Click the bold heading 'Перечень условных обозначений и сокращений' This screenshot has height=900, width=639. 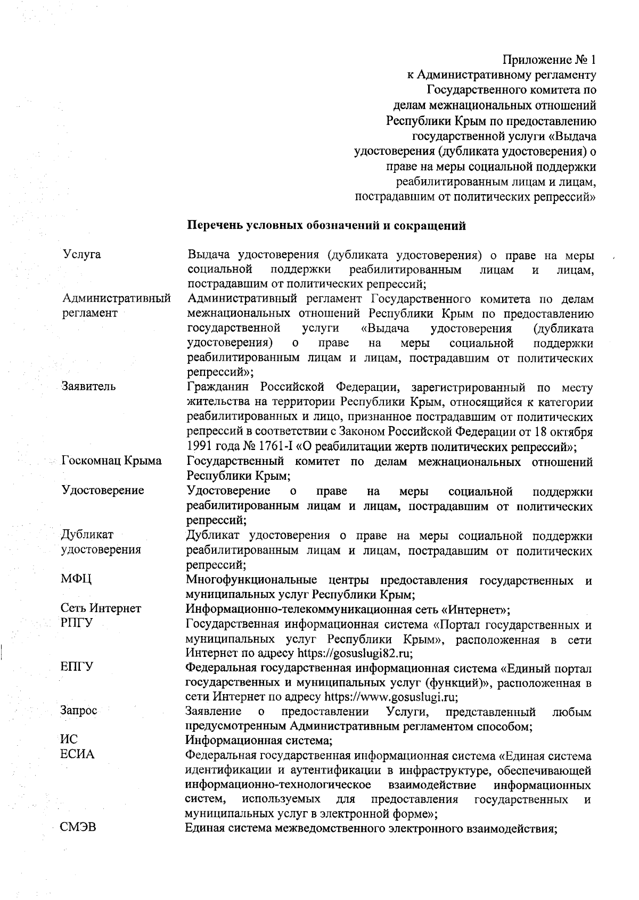(x=326, y=226)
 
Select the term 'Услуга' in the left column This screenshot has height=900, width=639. (x=82, y=254)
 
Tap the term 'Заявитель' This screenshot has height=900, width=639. (x=88, y=386)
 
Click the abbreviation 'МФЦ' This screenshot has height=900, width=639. (x=77, y=579)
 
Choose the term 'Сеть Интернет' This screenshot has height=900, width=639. (x=101, y=609)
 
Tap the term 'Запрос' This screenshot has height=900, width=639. (x=79, y=711)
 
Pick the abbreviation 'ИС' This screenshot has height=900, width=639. (x=69, y=740)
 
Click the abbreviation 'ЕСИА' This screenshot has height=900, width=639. (x=78, y=755)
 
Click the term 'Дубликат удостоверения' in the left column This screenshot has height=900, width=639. (x=101, y=542)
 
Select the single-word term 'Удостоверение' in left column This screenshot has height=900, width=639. (x=103, y=490)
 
